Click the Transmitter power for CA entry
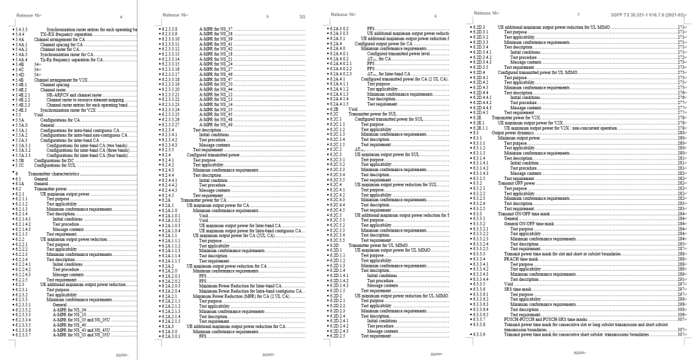(x=203, y=201)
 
